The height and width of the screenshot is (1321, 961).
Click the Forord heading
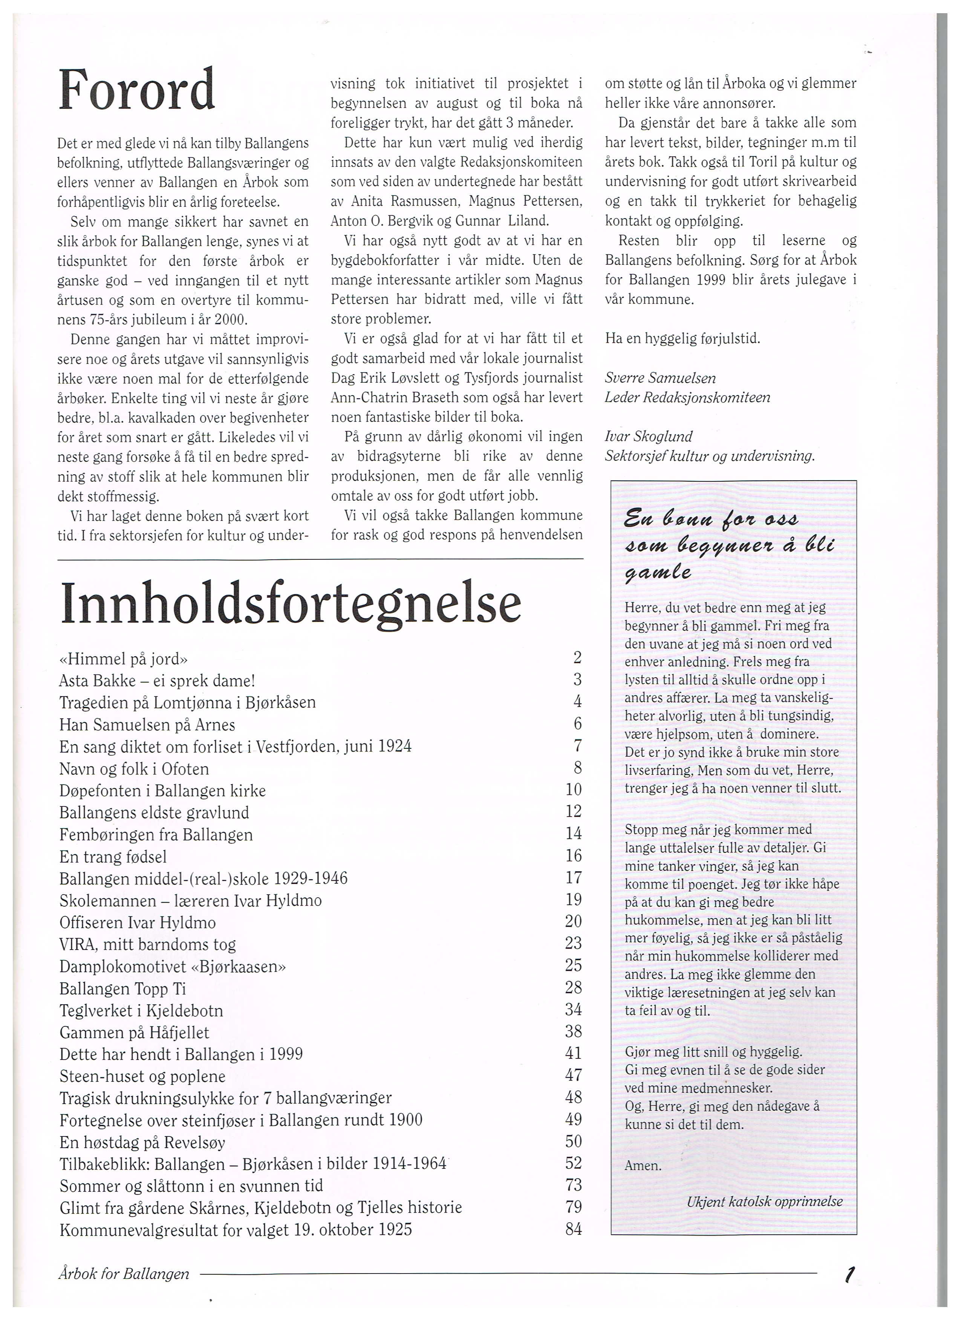point(137,90)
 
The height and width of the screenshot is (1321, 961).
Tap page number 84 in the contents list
point(574,1229)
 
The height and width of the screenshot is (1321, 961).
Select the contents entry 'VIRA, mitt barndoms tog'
point(147,944)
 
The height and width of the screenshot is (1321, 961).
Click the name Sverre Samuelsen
point(660,378)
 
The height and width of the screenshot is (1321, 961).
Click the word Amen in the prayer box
point(643,1165)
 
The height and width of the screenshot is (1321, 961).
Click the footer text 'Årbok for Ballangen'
point(124,1274)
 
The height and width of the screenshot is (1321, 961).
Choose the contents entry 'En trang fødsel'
point(113,857)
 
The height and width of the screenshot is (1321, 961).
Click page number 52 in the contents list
point(574,1163)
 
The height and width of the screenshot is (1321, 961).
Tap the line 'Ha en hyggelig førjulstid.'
point(682,338)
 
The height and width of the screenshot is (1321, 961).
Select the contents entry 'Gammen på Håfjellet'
point(134,1033)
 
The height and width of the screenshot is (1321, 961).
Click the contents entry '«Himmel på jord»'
point(124,659)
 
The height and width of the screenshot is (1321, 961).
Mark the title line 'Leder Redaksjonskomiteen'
point(688,398)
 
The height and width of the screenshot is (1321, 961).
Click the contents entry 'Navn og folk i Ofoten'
point(134,769)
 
